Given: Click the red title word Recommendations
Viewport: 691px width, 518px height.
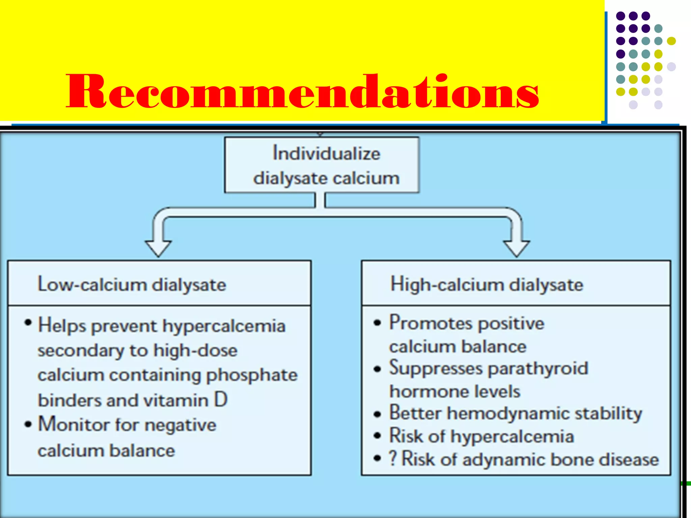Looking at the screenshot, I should click(x=302, y=92).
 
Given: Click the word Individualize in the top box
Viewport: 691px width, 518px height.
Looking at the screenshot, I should click(x=326, y=153).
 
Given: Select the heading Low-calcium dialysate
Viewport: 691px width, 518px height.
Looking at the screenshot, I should click(x=132, y=284).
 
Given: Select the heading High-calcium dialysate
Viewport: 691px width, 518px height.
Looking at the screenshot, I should click(x=487, y=284).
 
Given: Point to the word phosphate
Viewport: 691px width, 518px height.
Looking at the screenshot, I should click(x=252, y=375).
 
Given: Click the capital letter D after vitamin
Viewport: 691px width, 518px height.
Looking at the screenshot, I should click(x=221, y=400).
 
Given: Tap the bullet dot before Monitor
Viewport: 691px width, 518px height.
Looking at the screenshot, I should click(x=28, y=424).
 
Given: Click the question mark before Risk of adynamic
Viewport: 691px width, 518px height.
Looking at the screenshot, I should click(x=393, y=458).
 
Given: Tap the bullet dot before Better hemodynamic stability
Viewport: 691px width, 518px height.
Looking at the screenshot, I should click(x=377, y=414).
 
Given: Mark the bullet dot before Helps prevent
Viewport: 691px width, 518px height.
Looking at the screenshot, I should click(x=28, y=323).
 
